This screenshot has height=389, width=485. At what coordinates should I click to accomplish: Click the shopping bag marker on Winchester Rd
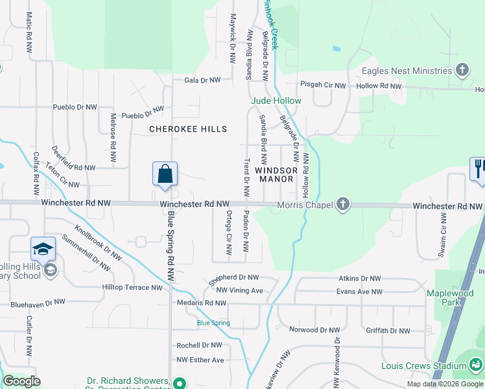[x=165, y=174]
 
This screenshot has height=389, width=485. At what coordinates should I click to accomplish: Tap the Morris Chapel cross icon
[x=344, y=205]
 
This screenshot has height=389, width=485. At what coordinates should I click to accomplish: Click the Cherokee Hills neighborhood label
[x=188, y=129]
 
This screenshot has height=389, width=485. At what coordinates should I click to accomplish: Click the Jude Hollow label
[x=276, y=100]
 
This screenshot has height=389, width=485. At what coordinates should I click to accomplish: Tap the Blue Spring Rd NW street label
[x=171, y=245]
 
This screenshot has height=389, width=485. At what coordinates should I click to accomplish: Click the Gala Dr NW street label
[x=202, y=80]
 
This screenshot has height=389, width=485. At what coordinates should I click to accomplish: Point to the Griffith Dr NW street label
[x=388, y=331]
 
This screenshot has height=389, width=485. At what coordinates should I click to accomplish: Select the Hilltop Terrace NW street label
[x=132, y=287]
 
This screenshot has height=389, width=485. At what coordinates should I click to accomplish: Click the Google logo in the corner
[x=21, y=381]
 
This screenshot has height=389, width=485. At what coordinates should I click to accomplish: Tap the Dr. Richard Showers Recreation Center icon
[x=181, y=382]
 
